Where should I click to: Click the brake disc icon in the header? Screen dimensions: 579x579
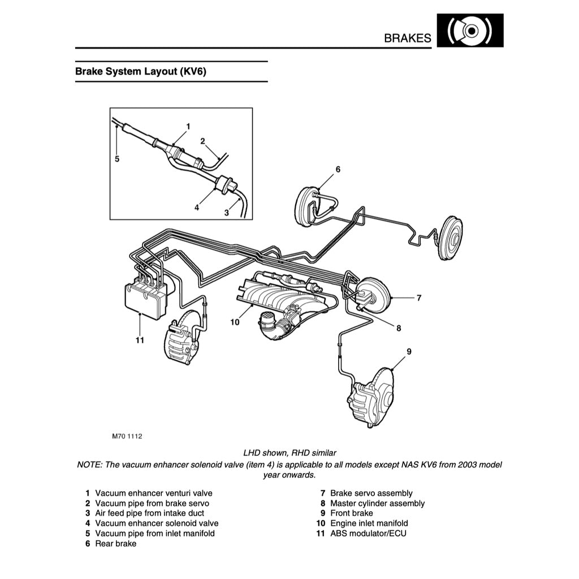pos(470,31)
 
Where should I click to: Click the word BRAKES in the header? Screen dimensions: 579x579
pos(407,38)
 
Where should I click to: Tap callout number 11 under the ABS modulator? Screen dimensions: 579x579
pos(140,340)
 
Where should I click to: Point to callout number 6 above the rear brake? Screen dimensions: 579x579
pos(338,169)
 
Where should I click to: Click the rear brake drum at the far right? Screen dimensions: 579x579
pos(451,238)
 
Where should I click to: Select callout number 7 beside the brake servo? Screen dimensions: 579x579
pos(418,297)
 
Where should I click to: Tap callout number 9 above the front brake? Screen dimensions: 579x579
pos(409,352)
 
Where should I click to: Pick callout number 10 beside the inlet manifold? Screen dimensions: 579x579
pos(235,322)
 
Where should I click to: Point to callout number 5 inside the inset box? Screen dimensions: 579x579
pos(117,159)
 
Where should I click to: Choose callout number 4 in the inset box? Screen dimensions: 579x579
pos(197,208)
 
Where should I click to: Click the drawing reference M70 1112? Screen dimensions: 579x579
pos(127,437)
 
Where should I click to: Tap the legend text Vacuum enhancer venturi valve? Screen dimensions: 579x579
pos(154,493)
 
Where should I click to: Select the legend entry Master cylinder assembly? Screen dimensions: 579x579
pos(377,503)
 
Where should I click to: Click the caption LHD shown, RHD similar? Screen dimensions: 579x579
pos(289,453)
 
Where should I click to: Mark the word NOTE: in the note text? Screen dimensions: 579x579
pos(89,465)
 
